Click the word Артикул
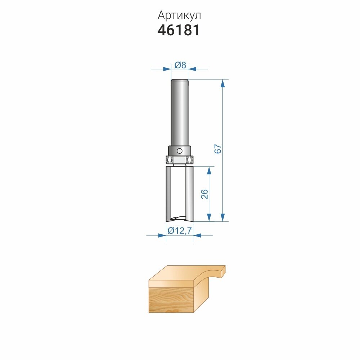pos(179,15)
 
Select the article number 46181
pos(179,30)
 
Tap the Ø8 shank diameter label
pos(180,65)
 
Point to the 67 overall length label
pos(218,149)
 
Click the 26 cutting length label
pos(204,194)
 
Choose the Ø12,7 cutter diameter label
pos(180,230)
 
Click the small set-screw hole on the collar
pos(180,151)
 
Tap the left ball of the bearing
pos(170,159)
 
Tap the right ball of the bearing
pos(189,159)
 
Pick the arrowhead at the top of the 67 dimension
pos(222,84)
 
